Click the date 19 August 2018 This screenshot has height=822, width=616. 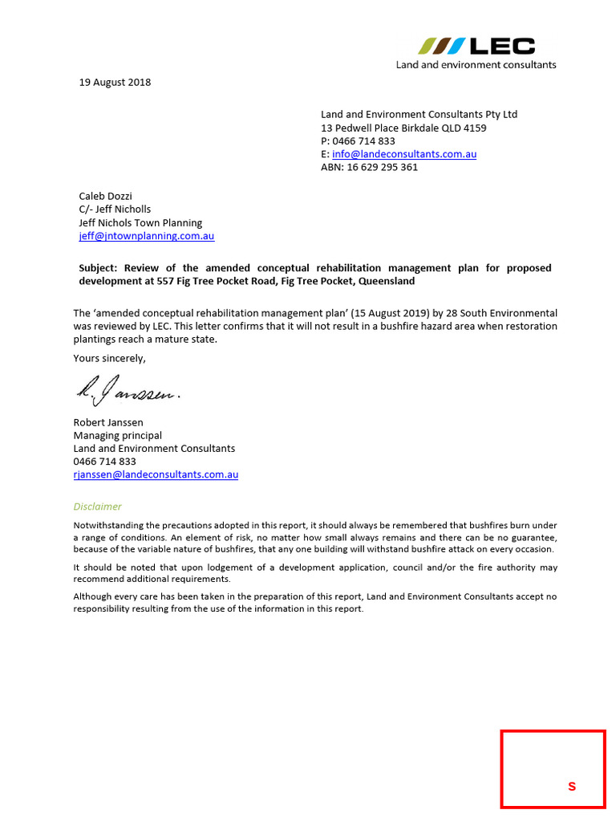point(115,82)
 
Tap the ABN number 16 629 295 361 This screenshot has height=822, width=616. point(382,167)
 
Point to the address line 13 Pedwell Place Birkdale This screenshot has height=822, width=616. point(403,128)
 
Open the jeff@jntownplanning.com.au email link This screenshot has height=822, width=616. point(146,236)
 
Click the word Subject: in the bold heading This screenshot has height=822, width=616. point(99,268)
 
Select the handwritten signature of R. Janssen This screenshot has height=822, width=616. point(128,393)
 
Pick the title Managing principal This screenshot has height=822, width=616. point(117,435)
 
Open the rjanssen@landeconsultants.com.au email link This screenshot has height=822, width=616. point(156,474)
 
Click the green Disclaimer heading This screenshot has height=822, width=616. point(97,507)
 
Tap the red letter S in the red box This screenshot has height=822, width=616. point(572,787)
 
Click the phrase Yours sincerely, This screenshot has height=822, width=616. point(110,358)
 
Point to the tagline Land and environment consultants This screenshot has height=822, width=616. point(476,64)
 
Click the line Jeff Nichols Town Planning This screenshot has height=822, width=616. point(140,222)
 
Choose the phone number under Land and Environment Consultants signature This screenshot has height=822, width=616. point(104,462)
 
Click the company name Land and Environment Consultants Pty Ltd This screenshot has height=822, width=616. point(419,114)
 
